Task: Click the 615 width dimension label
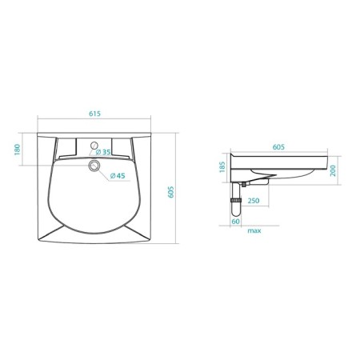click(x=94, y=114)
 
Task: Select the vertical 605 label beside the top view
click(x=172, y=193)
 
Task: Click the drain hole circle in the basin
click(x=95, y=166)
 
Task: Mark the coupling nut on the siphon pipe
click(x=238, y=196)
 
